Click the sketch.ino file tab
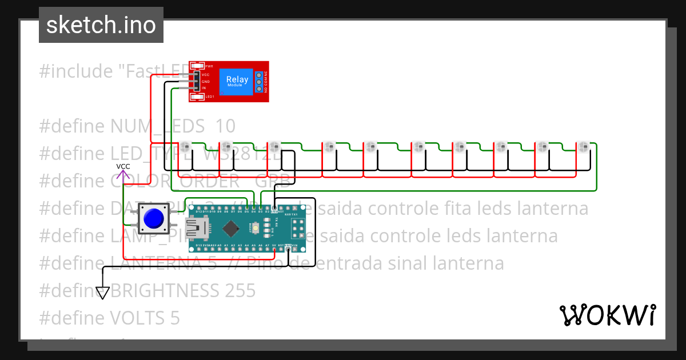[x=101, y=25]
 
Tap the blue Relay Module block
[x=237, y=81]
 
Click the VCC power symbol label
[x=123, y=166]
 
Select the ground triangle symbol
[x=102, y=293]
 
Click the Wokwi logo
[x=607, y=315]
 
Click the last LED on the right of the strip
[x=583, y=146]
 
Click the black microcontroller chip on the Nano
[x=230, y=229]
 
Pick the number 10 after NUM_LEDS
[x=225, y=126]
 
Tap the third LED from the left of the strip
[x=274, y=146]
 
